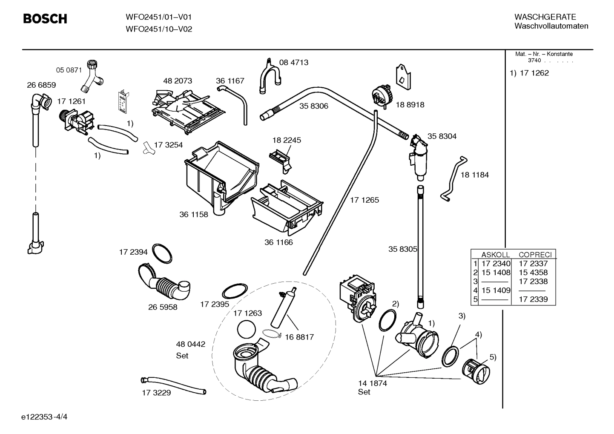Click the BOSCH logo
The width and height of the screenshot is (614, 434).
[45, 19]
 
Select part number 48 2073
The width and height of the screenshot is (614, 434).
[177, 81]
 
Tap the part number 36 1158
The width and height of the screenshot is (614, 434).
[193, 214]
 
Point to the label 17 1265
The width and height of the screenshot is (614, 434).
[364, 200]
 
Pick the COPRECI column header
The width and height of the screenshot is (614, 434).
[535, 255]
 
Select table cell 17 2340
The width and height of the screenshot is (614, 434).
[496, 264]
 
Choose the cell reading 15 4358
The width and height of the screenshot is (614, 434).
[533, 273]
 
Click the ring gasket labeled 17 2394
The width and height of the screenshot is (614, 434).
[162, 253]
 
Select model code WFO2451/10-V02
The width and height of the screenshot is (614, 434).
[158, 29]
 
